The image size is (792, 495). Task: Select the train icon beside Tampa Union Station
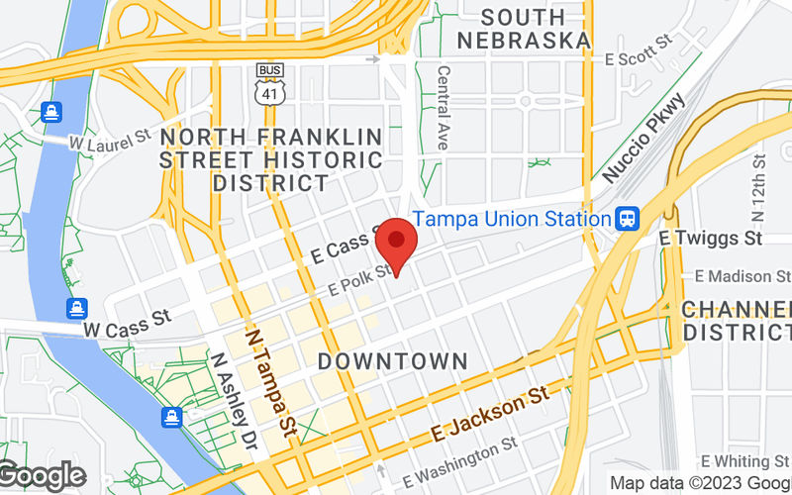(x=627, y=219)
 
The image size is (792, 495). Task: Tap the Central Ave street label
(x=444, y=109)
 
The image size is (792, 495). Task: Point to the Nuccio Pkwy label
(x=643, y=137)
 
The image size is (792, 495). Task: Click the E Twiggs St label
(x=711, y=239)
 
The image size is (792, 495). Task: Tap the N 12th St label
(x=759, y=188)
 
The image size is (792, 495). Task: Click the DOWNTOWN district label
(x=391, y=359)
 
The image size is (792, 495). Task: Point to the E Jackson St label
(x=489, y=414)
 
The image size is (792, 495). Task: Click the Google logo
(x=42, y=476)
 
